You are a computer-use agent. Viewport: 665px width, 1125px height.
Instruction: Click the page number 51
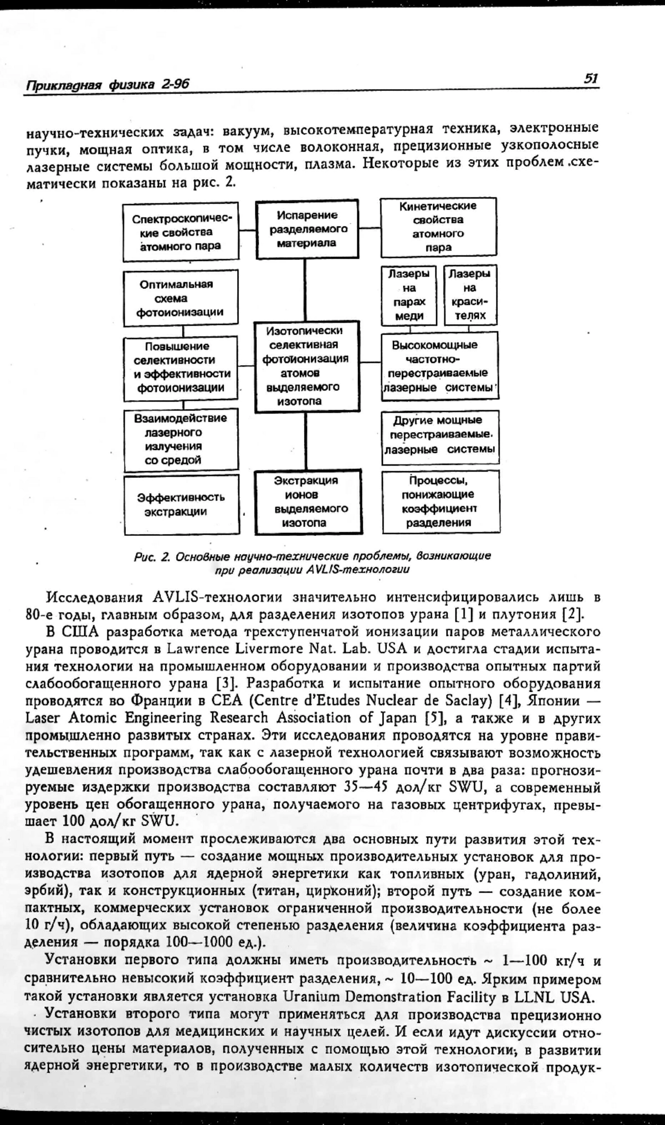click(591, 79)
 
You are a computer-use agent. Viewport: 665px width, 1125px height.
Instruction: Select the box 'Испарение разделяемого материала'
click(306, 229)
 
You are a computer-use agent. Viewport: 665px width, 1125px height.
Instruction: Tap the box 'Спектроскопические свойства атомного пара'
click(181, 232)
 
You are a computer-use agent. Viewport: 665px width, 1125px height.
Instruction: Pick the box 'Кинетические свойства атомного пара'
click(438, 227)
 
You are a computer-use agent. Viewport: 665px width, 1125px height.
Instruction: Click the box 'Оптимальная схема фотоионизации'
click(181, 298)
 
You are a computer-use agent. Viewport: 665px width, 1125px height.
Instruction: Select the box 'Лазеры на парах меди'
click(409, 295)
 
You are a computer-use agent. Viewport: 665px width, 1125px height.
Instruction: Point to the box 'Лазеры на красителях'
click(470, 295)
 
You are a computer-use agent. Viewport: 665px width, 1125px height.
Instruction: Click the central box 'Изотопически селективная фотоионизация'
click(306, 366)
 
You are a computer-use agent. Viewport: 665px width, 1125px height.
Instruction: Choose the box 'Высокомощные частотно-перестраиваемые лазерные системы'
click(439, 366)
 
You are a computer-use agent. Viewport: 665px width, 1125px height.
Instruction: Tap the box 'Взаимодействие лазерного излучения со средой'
click(181, 439)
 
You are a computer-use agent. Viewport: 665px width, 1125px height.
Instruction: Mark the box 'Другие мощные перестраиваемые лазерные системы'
click(440, 435)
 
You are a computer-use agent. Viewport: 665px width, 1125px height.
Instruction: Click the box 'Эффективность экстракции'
click(181, 504)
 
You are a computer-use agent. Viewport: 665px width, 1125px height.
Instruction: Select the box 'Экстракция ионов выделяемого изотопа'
click(306, 502)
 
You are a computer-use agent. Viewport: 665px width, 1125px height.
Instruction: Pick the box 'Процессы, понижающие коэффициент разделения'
click(440, 502)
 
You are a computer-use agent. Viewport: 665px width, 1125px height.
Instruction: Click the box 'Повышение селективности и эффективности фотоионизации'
click(181, 367)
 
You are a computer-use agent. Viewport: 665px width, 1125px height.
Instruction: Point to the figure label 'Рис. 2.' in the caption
click(151, 556)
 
